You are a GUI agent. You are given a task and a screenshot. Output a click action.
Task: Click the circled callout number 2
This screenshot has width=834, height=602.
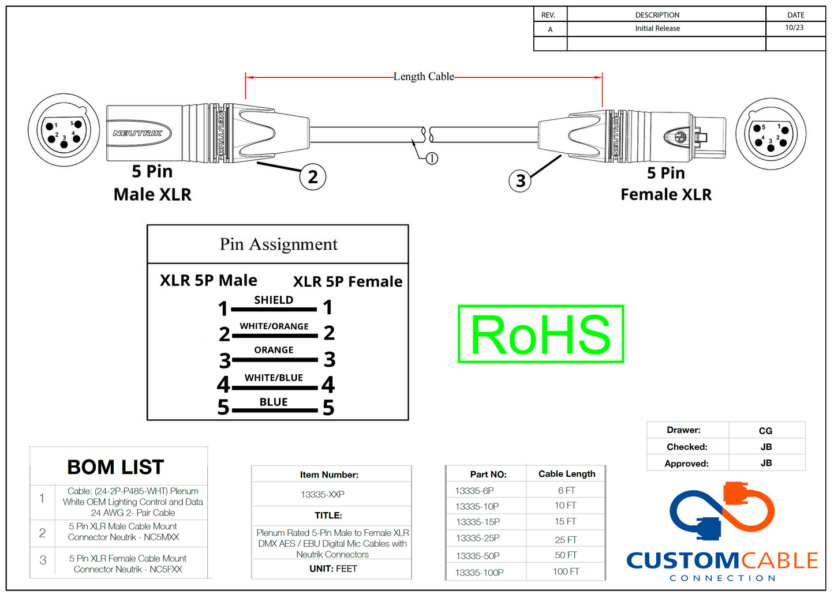pos(313,177)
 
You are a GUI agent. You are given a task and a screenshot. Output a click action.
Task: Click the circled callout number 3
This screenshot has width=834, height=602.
pos(520,181)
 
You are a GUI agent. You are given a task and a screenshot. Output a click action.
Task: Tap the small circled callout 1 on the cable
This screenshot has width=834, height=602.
pos(432,159)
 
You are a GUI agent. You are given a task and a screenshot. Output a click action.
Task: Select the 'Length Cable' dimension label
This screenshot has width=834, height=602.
pos(424,77)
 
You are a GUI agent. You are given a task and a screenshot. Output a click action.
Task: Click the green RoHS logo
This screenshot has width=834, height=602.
pos(541,334)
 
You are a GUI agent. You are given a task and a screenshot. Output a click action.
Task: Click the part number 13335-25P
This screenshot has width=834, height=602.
pos(478,539)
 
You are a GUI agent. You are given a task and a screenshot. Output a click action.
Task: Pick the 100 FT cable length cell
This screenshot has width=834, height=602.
pos(566,571)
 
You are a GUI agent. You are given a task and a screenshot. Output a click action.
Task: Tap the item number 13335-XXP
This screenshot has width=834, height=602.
pos(323,495)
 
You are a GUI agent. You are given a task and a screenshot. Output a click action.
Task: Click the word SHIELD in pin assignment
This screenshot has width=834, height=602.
pos(274,300)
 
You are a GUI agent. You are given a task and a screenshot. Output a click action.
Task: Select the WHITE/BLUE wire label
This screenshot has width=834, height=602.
pos(274,378)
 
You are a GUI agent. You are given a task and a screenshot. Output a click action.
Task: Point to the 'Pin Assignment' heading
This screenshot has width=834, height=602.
pos(278,244)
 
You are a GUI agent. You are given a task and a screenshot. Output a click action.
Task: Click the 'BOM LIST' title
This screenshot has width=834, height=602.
pos(115,467)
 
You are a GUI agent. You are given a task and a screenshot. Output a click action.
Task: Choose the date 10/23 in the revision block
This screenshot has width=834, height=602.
pos(794,28)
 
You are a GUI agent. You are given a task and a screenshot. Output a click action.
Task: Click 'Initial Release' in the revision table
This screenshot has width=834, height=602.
pos(657,28)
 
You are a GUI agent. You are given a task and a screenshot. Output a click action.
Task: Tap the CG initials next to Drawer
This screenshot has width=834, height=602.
pos(765,431)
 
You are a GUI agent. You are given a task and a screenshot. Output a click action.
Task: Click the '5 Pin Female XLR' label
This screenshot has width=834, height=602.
pos(666,183)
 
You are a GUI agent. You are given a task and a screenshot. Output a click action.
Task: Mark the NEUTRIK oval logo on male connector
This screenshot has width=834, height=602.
pos(137,133)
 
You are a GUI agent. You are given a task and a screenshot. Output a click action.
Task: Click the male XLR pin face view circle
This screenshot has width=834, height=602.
pos(63,131)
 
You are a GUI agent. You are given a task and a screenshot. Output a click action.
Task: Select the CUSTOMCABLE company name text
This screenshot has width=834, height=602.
pos(722,560)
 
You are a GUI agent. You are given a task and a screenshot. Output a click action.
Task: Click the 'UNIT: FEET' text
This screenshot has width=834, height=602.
pos(333,569)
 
